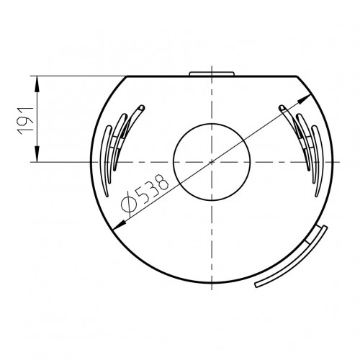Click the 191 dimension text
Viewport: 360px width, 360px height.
24,121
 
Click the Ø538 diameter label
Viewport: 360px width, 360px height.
145,194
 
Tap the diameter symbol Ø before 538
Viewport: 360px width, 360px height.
129,203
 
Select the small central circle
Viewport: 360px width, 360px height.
212,162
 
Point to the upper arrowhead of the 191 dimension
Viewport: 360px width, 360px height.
37,84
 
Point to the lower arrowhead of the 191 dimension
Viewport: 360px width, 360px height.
37,154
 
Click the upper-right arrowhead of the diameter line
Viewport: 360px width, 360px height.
304,99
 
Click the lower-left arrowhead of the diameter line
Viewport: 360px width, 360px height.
120,225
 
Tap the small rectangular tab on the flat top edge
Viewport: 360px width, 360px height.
212,73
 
